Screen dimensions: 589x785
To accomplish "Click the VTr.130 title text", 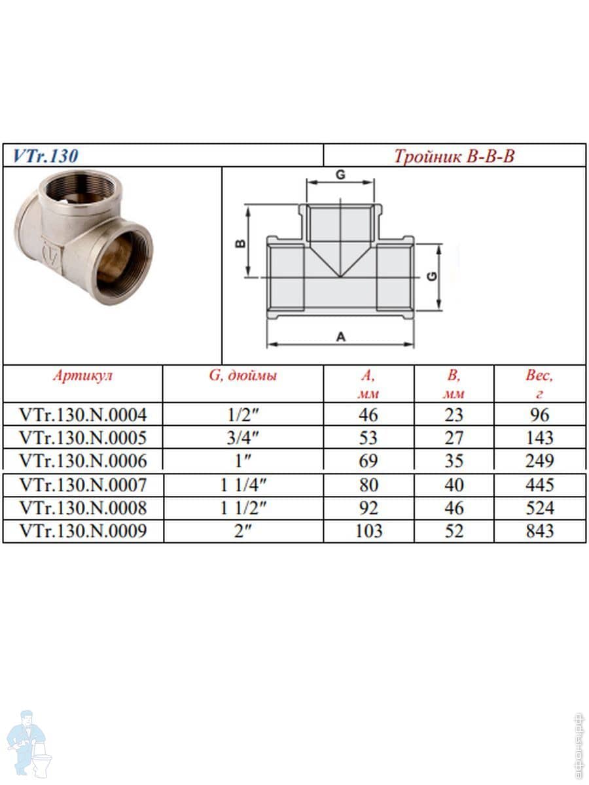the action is tap(45, 156).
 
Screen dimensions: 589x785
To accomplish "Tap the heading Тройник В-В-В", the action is tap(454, 156).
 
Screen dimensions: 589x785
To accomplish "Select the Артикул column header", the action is tap(82, 375).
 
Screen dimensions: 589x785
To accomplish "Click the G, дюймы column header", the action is tap(243, 375).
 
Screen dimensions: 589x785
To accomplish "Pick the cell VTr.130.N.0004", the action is tap(82, 415).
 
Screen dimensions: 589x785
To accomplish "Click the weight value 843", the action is tap(540, 531).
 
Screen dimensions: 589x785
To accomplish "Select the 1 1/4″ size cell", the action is tap(243, 485).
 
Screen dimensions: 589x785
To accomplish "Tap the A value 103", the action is tap(368, 531).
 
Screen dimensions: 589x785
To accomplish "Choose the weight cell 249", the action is tap(540, 461).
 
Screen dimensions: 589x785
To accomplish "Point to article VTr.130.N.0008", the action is tap(82, 508).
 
